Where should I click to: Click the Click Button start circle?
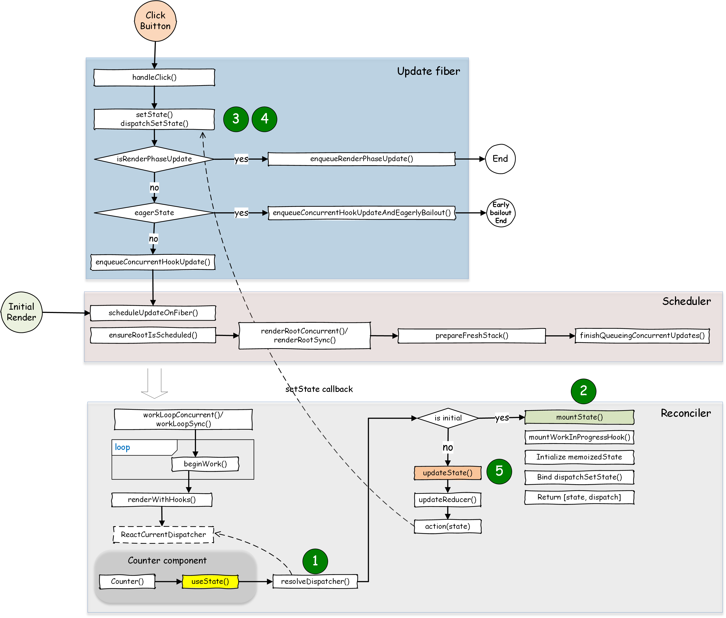point(155,21)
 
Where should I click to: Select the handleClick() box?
point(154,77)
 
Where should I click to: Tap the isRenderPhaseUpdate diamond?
point(154,159)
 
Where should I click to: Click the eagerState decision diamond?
point(154,213)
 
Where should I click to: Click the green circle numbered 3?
point(236,119)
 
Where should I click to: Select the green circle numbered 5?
point(499,471)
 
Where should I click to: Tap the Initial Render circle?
point(21,312)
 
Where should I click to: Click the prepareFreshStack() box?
point(471,336)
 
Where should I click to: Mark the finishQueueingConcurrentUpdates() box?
point(642,336)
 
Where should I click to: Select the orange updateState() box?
point(448,473)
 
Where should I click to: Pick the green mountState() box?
point(579,417)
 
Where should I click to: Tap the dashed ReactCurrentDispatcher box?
point(163,535)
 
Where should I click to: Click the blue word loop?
point(122,447)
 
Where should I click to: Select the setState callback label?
point(319,389)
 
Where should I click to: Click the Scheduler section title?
point(686,301)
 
